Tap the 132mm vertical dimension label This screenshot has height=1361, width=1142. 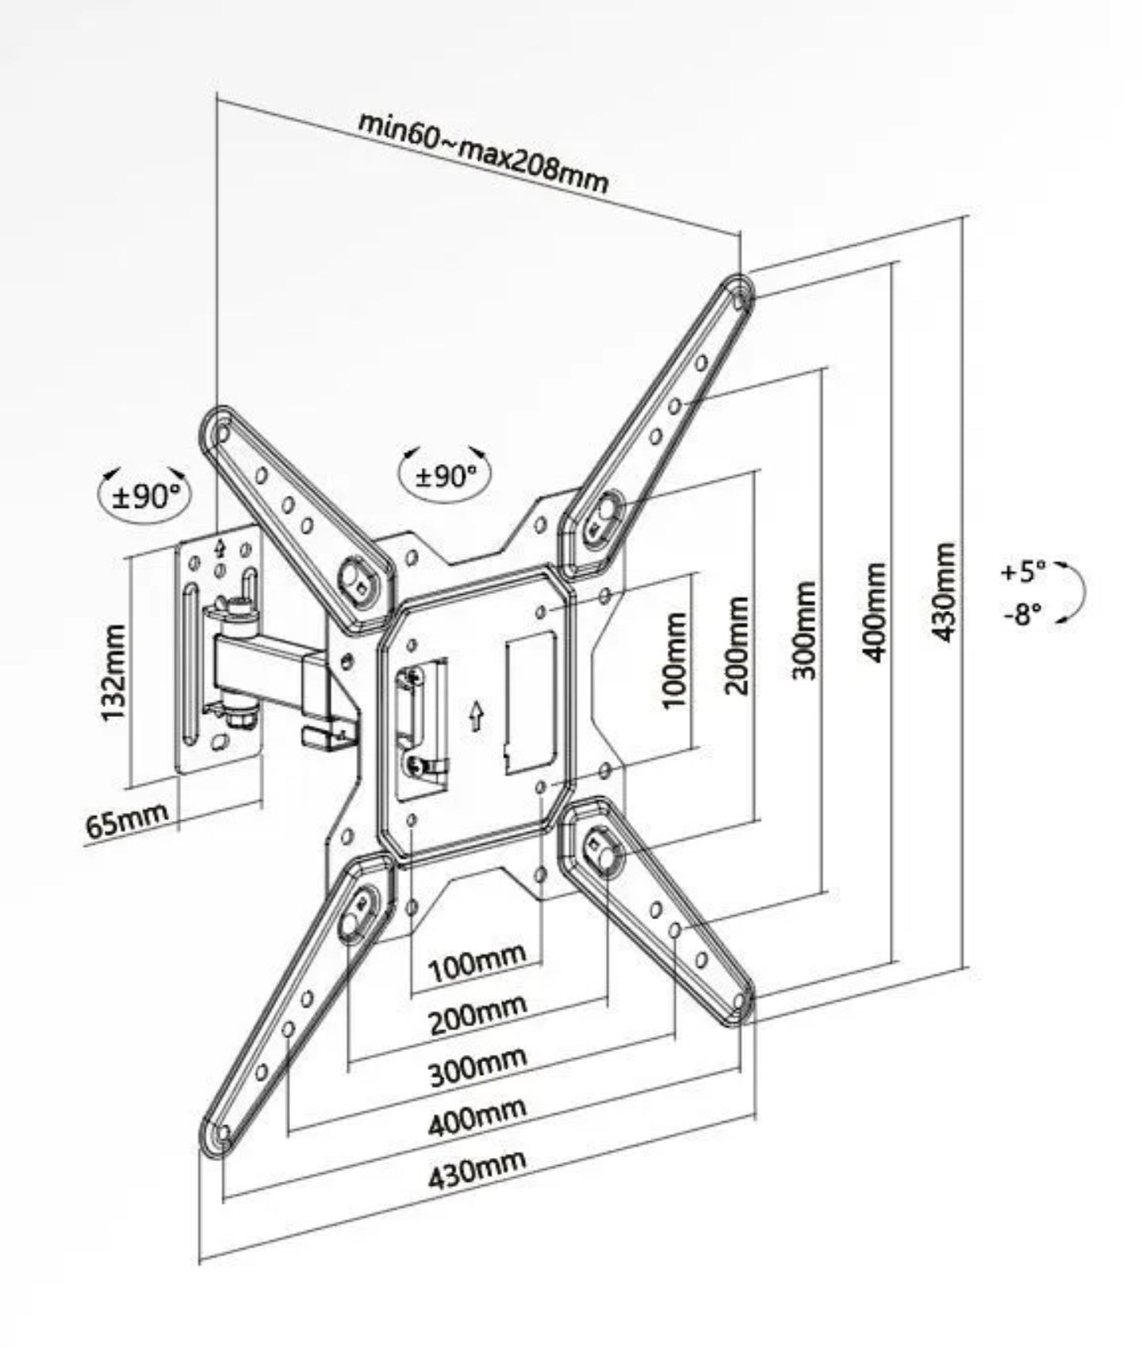click(113, 672)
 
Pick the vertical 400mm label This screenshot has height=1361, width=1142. click(875, 611)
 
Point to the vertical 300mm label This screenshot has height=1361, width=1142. click(804, 631)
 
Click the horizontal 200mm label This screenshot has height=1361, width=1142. click(478, 1015)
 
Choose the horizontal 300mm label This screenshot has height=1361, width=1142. click(478, 1068)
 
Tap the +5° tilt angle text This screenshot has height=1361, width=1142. click(1023, 571)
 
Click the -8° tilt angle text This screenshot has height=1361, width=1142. click(1023, 613)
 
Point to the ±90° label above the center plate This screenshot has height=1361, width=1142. click(446, 475)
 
